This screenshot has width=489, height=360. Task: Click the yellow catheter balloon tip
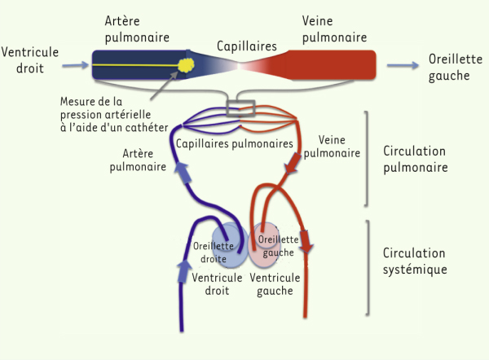186,65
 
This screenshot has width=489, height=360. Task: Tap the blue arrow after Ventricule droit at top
76,65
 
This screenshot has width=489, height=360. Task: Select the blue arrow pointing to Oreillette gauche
403,65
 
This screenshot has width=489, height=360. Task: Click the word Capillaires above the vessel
247,46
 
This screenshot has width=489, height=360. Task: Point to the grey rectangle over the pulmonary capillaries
240,108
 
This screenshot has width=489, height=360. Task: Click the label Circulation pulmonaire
416,159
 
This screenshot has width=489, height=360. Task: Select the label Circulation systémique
415,261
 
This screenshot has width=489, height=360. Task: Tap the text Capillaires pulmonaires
235,143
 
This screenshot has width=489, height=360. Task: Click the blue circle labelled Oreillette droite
230,245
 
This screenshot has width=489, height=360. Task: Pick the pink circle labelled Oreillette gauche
264,245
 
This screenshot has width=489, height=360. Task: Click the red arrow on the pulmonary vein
293,163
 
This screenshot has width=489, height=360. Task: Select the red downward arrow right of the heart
306,242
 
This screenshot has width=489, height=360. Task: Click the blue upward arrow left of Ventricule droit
184,271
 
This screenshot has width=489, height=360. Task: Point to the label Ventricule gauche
275,284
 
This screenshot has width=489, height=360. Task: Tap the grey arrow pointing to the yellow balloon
164,86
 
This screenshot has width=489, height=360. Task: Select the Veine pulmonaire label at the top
334,29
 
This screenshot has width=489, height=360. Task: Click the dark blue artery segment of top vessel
139,65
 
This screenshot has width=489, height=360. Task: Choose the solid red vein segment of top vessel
331,65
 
